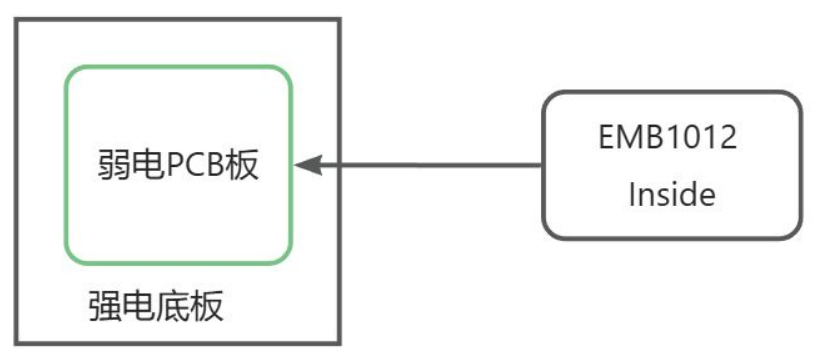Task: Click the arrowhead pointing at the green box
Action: (308, 165)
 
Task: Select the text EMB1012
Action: (668, 137)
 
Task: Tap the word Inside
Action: (672, 194)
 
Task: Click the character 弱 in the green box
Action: (114, 165)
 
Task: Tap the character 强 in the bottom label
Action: (105, 307)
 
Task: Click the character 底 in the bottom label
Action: (172, 307)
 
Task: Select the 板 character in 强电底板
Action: (206, 307)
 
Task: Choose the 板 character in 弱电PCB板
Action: (242, 165)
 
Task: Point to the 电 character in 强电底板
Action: (138, 307)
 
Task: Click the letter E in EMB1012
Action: (607, 137)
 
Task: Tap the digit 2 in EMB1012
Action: (727, 137)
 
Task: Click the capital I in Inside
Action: (632, 194)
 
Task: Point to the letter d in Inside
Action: (685, 194)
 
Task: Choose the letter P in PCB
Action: (175, 165)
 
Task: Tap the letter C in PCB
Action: (196, 165)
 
